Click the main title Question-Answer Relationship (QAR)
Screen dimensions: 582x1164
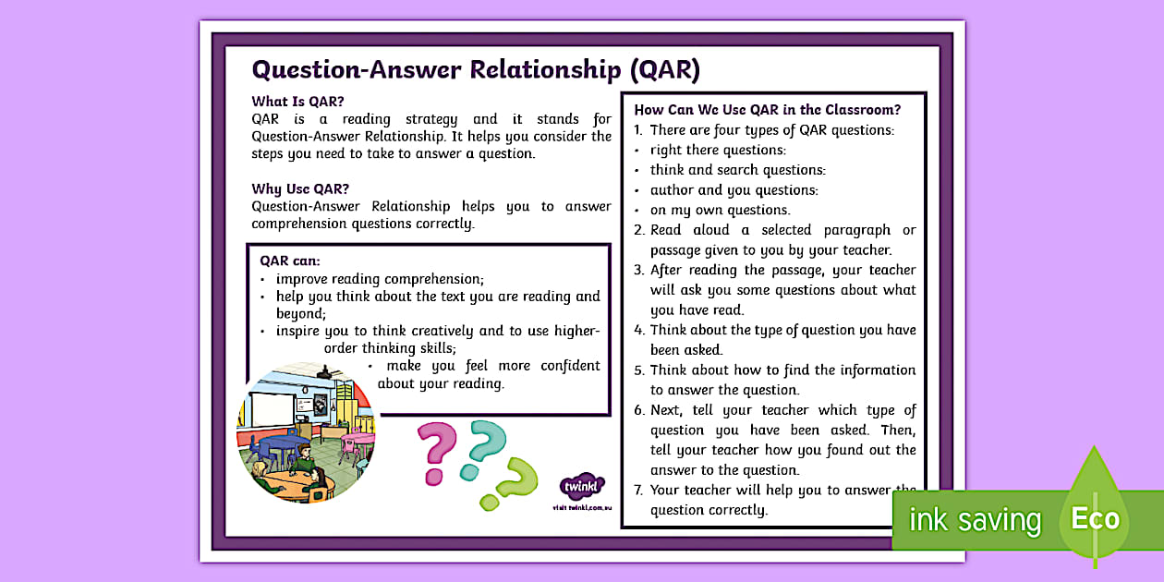point(476,70)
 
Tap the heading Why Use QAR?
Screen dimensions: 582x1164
point(300,189)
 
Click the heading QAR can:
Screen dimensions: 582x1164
point(290,261)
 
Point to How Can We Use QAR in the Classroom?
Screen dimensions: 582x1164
point(767,110)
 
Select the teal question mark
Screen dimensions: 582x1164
point(482,448)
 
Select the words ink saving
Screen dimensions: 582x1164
point(975,520)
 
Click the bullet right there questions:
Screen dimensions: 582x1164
point(718,150)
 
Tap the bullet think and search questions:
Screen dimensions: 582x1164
point(737,170)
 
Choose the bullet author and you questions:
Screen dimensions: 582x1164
point(734,190)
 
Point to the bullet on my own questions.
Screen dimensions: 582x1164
point(720,210)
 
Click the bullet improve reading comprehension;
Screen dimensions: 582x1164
point(380,279)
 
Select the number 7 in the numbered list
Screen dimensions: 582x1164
point(638,491)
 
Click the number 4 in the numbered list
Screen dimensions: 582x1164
point(638,330)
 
